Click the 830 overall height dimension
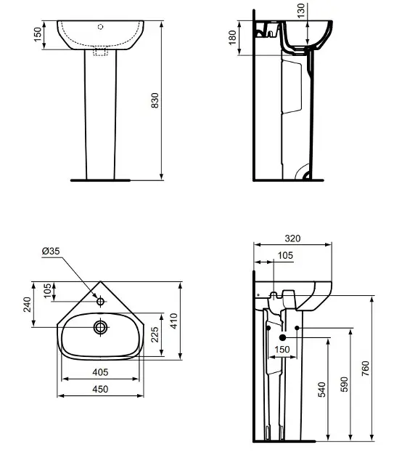pos(155,100)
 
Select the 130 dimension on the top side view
pos(300,10)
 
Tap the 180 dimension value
pos(232,37)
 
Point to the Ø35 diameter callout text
pos(51,251)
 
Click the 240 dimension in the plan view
pos(27,305)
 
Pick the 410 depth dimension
pos(174,321)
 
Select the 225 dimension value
pos(155,334)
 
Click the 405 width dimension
pos(100,372)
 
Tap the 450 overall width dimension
pos(100,389)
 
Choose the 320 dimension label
pos(292,238)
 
